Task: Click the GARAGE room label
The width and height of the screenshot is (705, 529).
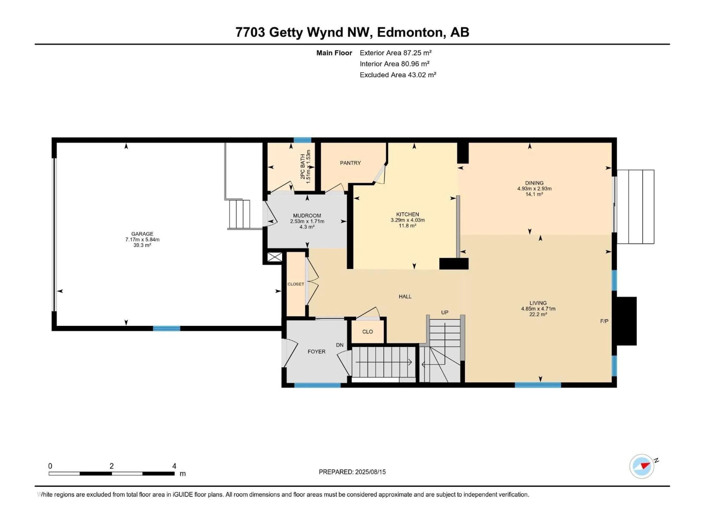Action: (x=142, y=234)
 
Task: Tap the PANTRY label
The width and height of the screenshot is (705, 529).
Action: (x=350, y=163)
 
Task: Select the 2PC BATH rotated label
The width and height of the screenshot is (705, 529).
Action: (x=302, y=166)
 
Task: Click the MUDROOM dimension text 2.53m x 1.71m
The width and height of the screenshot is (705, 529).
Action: (x=307, y=221)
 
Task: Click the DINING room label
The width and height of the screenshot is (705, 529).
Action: (x=534, y=183)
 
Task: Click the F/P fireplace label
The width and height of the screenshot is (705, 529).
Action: (x=604, y=321)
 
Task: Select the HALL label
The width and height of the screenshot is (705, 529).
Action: (x=405, y=296)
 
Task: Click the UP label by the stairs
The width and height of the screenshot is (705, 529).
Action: (x=445, y=312)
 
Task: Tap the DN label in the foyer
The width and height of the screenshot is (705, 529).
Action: (x=340, y=345)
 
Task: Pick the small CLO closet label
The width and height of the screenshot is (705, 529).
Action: (x=368, y=332)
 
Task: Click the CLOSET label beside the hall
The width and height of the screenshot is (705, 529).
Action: (x=295, y=284)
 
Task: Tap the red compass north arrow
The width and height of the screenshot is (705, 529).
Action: (x=645, y=466)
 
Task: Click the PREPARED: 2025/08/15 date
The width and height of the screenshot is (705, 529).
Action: (x=352, y=472)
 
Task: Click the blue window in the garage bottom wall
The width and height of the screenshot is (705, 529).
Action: (x=166, y=328)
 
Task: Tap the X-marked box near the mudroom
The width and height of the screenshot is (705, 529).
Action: (x=274, y=257)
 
